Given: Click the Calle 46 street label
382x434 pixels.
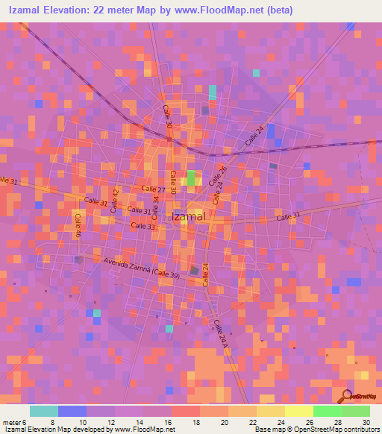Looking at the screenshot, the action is pos(78,226).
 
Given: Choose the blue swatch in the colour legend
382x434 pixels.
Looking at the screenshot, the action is pos(72,411).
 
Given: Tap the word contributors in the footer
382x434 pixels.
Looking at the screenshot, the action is pos(360,430).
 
